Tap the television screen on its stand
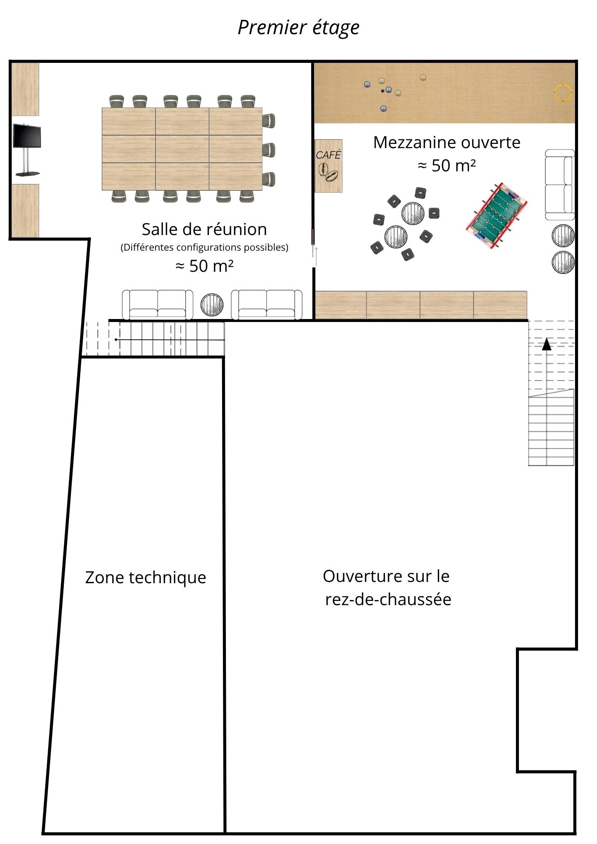27,136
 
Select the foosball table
497,215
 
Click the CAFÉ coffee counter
328,166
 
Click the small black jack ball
383,91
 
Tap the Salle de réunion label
204,229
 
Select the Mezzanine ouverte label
447,143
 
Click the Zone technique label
146,577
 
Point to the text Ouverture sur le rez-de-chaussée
387,587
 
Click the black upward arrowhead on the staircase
547,344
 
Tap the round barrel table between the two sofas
212,304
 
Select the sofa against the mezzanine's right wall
560,185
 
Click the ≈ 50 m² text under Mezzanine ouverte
447,165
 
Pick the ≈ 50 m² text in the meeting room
204,266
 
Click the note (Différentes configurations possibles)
204,247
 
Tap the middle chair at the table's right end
269,150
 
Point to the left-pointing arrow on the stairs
169,339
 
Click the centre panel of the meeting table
182,149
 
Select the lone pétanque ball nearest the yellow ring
423,78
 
